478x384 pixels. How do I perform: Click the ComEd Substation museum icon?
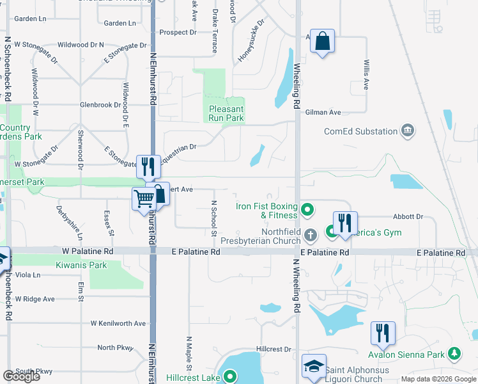407,132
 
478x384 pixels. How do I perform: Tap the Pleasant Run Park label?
226,113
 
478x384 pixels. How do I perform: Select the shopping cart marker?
143,198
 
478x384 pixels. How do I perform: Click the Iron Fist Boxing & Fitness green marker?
307,209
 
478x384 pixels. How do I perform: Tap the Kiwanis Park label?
81,264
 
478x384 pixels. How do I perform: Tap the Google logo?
21,376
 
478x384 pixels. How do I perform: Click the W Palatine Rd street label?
88,252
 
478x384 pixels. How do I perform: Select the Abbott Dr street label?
409,216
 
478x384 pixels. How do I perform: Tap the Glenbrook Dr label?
100,104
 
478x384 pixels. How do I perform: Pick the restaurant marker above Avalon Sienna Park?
383,333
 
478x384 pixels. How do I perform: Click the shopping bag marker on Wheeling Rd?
323,41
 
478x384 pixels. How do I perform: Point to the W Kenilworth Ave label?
118,323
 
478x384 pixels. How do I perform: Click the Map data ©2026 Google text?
438,379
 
